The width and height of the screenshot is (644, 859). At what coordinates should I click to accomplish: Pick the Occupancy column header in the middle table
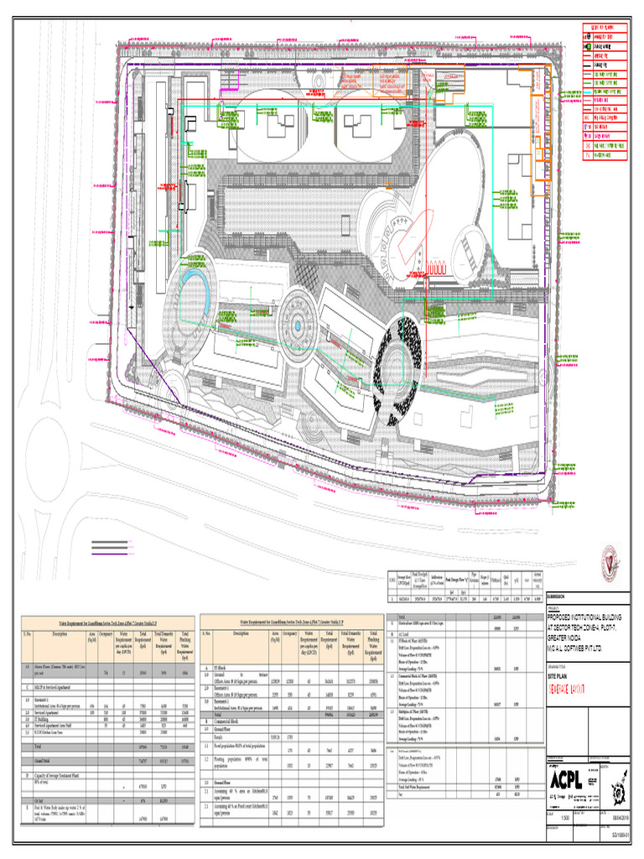pos(291,633)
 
